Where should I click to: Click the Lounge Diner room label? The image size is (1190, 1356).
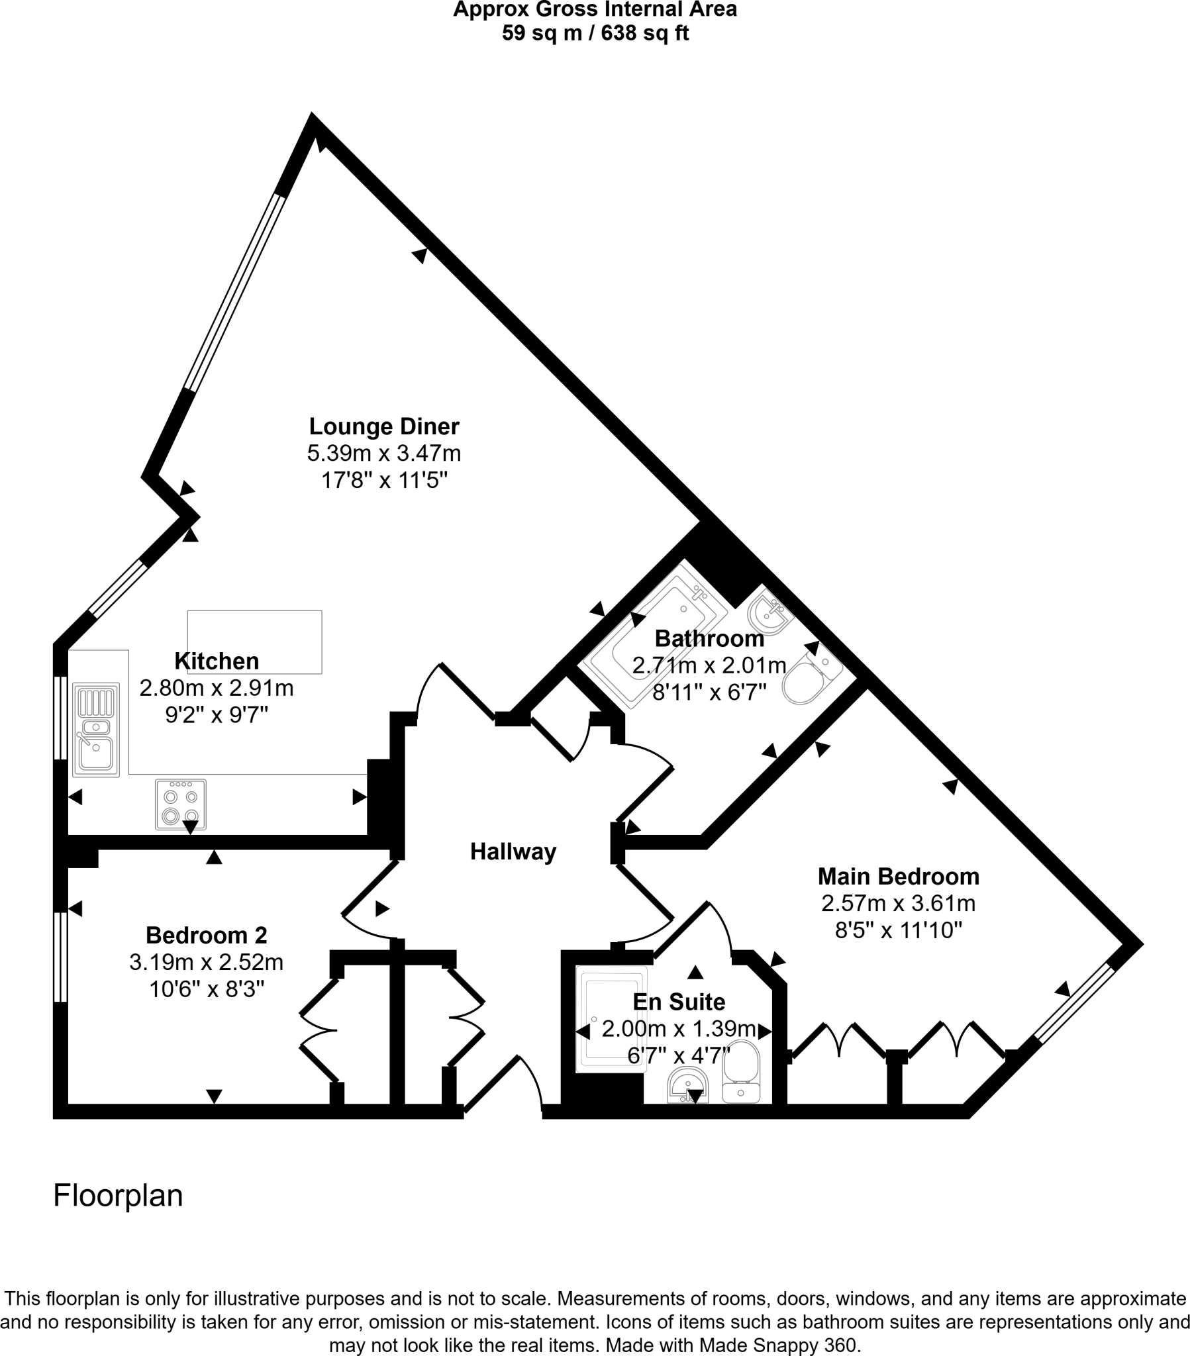(x=384, y=426)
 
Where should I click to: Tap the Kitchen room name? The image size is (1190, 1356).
(x=217, y=661)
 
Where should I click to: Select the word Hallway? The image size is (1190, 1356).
(x=513, y=851)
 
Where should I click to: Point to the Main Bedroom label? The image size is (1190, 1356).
(x=899, y=877)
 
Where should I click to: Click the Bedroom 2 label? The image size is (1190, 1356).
(x=207, y=935)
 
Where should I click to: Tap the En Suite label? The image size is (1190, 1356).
(x=679, y=1001)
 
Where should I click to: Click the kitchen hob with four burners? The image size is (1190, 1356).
(x=181, y=804)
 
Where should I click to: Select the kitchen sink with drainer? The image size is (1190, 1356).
(x=96, y=730)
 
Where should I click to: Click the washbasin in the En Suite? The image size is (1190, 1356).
(x=688, y=1086)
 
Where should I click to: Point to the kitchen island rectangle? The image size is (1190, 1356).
(x=255, y=642)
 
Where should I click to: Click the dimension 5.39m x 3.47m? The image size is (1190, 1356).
(x=383, y=453)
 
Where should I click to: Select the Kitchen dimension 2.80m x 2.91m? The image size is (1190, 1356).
(x=217, y=688)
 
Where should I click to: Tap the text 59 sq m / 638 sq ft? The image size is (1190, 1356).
(x=595, y=32)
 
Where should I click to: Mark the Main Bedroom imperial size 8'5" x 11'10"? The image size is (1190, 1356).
(x=899, y=930)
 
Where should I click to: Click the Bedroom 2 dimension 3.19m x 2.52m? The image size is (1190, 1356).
(x=207, y=962)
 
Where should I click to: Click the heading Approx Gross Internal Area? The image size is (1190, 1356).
(x=595, y=10)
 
